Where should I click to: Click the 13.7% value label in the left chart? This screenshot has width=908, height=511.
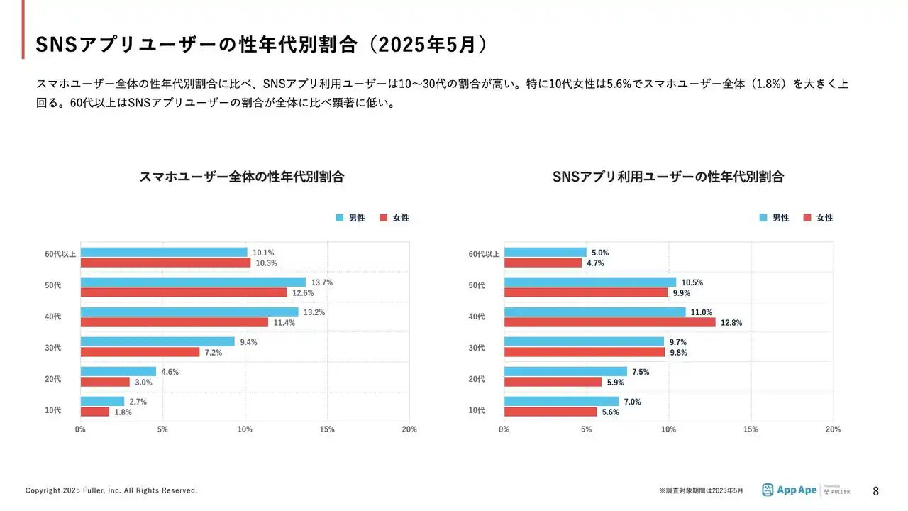(322, 282)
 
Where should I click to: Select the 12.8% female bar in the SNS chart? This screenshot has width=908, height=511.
(609, 322)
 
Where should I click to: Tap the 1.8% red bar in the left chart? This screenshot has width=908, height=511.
(95, 412)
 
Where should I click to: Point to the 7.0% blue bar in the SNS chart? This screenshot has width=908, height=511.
(561, 402)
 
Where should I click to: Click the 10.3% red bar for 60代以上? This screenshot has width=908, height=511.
(165, 263)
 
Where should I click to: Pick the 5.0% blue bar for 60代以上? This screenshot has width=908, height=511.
(545, 253)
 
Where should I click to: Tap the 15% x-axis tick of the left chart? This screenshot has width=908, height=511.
(327, 429)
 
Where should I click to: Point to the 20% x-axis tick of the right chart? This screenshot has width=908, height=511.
(833, 429)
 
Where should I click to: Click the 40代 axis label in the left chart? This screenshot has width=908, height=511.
(53, 317)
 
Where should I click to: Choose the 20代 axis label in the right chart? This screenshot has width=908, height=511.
(477, 379)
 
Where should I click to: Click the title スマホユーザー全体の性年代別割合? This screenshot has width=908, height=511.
(242, 177)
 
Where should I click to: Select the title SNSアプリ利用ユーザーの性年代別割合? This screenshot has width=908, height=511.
(668, 177)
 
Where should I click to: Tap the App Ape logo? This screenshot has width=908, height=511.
(789, 490)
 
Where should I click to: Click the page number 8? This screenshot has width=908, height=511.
(875, 491)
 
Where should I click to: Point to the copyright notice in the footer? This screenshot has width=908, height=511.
(111, 490)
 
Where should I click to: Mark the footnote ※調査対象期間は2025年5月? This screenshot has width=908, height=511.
(701, 490)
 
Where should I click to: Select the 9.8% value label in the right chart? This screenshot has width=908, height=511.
(678, 353)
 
